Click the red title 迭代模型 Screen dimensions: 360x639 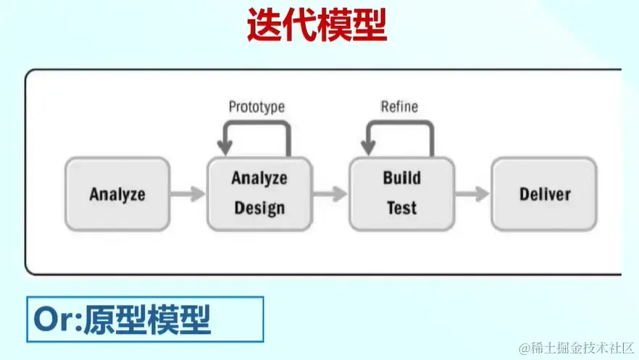[317, 26]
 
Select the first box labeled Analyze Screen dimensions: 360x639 [117, 194]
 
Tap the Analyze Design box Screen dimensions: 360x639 [259, 193]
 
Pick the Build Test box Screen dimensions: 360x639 [401, 193]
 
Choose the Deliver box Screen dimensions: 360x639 [544, 194]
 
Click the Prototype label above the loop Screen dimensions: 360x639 [256, 106]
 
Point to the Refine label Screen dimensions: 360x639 [399, 106]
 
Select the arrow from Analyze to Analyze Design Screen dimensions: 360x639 [188, 194]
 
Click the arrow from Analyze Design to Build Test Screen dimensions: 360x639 [330, 194]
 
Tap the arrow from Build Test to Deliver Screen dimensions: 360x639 [473, 194]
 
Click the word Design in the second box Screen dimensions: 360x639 [259, 209]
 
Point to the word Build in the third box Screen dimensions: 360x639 [401, 178]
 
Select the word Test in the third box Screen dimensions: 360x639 [401, 209]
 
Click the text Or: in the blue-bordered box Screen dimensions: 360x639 [57, 319]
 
